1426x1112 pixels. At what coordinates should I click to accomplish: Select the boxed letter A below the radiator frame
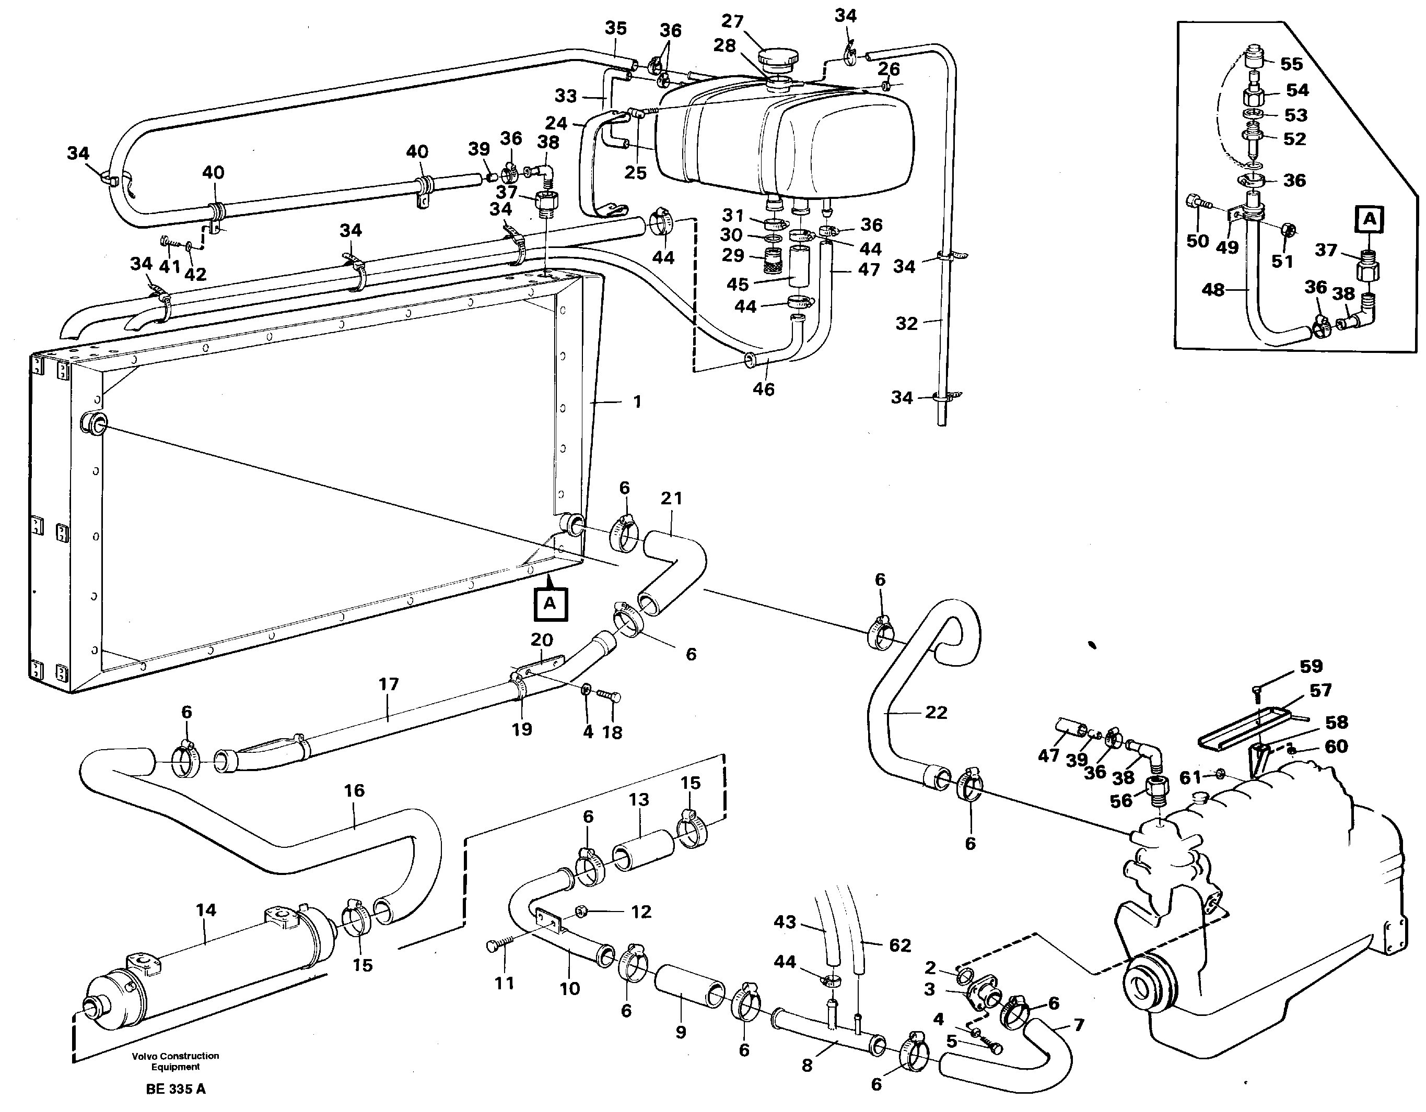pos(550,604)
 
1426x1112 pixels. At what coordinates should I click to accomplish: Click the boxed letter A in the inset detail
pos(1369,219)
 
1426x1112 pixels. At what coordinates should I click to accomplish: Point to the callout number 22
pos(936,713)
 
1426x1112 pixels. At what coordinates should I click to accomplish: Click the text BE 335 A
pos(176,1089)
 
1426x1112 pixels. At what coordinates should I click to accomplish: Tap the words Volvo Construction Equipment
pos(175,1061)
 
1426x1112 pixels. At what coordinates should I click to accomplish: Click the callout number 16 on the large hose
pos(354,791)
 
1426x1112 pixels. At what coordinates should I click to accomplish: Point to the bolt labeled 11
pos(494,947)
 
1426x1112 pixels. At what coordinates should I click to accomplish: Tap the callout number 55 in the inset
pos(1291,64)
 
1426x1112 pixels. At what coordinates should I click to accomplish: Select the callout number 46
pos(763,389)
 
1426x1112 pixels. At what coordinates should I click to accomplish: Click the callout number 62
pos(899,945)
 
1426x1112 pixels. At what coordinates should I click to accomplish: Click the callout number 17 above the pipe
pos(389,684)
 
